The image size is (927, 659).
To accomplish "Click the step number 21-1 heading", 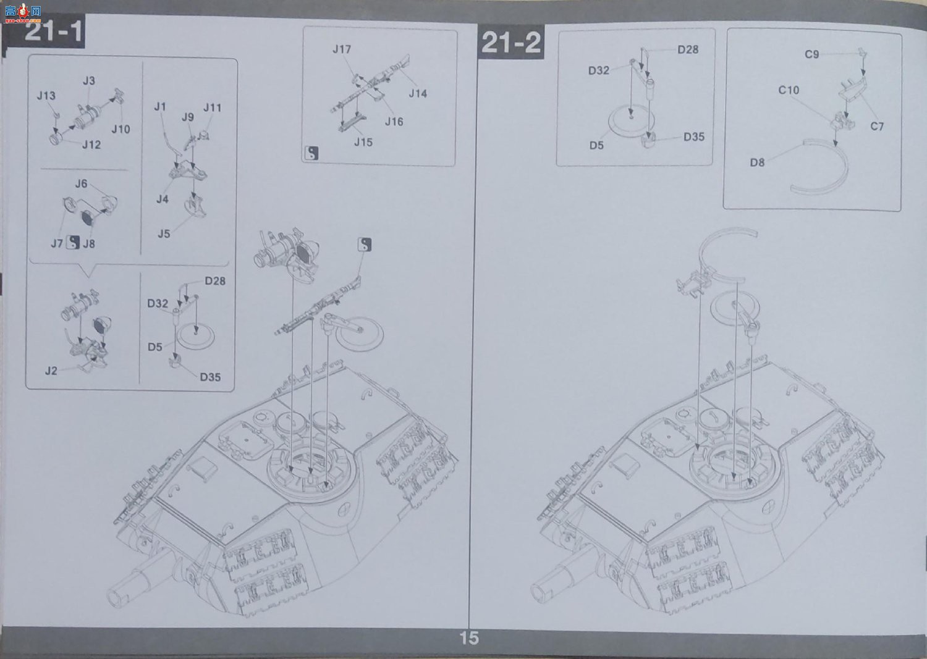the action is [x=54, y=32].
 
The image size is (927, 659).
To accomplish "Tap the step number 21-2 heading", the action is [x=510, y=43].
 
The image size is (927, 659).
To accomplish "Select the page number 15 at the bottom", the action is [x=469, y=637].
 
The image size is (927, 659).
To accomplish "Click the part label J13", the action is [x=46, y=96].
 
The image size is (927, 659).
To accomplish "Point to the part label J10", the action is [x=121, y=129].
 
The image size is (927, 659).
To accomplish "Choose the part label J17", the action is [x=342, y=49].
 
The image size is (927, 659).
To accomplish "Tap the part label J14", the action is [x=418, y=93].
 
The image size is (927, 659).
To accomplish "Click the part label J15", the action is [x=363, y=142].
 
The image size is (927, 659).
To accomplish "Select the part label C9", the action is [x=811, y=54].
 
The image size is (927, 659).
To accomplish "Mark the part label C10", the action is [x=789, y=90].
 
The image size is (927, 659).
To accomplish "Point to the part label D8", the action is [x=757, y=162].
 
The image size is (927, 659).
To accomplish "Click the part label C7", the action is [x=876, y=126].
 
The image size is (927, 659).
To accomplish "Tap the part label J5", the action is [x=164, y=233].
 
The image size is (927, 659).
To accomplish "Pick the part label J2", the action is [x=51, y=371].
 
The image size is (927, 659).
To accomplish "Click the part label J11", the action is [x=213, y=107].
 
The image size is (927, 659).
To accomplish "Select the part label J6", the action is [x=81, y=183].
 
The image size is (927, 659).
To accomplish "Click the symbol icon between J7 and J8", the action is [x=73, y=242].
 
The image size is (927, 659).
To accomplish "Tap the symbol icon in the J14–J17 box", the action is [x=311, y=153].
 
